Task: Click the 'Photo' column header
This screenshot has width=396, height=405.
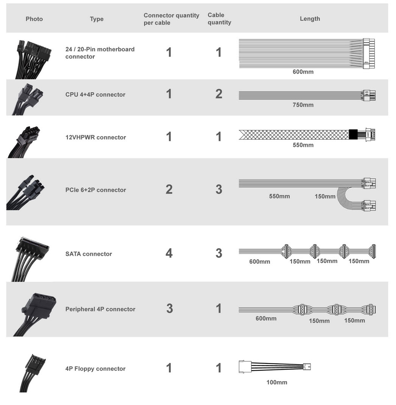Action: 34,19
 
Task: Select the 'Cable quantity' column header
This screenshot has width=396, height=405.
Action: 219,19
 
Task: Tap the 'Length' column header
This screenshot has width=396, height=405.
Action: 310,19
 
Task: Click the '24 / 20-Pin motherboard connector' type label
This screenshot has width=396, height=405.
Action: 100,53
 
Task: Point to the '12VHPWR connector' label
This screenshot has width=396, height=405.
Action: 95,137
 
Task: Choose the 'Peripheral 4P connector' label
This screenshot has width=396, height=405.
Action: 100,309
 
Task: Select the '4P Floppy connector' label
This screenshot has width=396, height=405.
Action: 95,368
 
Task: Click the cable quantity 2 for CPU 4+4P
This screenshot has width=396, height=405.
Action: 219,94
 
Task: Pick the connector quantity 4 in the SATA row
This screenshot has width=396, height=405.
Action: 169,253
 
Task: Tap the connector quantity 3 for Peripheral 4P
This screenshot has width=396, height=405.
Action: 170,308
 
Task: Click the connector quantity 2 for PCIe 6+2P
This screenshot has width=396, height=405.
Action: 169,189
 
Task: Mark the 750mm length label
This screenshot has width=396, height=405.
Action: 303,105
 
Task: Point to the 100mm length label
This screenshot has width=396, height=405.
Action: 277,382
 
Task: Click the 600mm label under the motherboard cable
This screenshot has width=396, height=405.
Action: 303,72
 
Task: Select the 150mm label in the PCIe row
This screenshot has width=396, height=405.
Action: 325,196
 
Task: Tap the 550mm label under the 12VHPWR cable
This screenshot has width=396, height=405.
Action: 303,145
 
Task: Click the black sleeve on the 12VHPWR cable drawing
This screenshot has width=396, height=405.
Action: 353,134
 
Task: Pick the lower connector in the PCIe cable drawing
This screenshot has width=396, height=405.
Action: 369,206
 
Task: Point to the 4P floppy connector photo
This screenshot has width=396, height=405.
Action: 33,373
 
